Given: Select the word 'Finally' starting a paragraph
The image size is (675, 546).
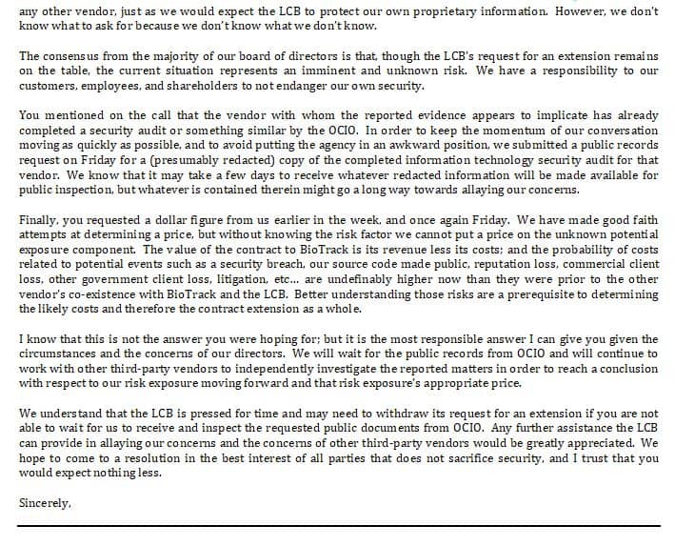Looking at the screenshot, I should point(38,220).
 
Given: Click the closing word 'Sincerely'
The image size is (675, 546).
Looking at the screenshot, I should point(44,501).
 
